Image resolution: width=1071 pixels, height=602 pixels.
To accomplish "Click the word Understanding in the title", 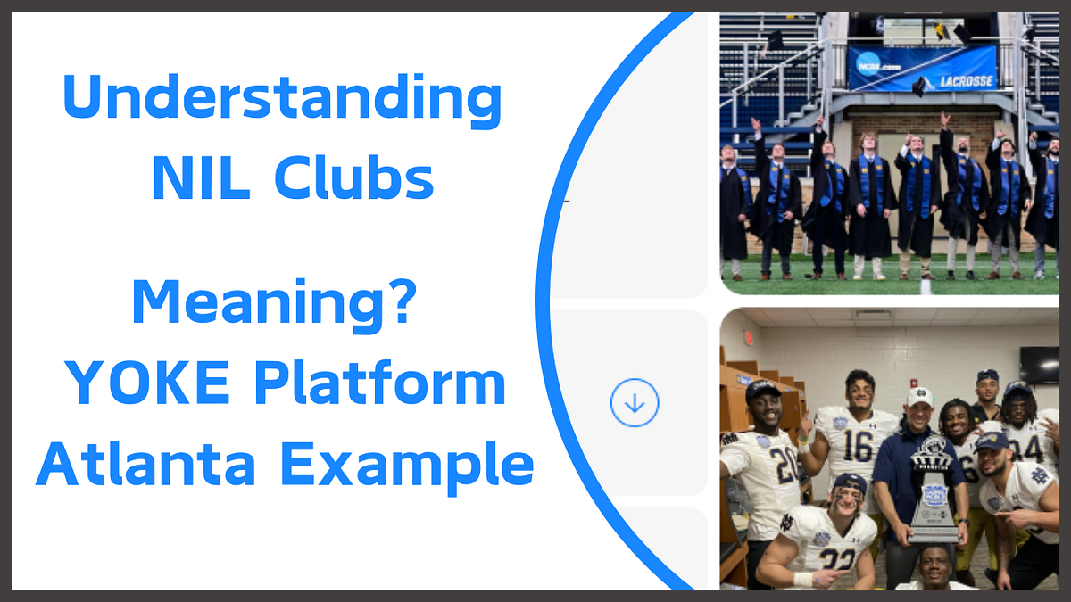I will tap(282, 100).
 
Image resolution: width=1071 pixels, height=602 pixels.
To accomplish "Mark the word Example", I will tap(408, 466).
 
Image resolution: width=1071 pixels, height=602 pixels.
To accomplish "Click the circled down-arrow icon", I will tap(635, 403).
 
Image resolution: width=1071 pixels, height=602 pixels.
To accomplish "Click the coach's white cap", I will tap(919, 396).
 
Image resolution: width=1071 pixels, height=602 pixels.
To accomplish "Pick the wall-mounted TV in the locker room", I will tap(1038, 364).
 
